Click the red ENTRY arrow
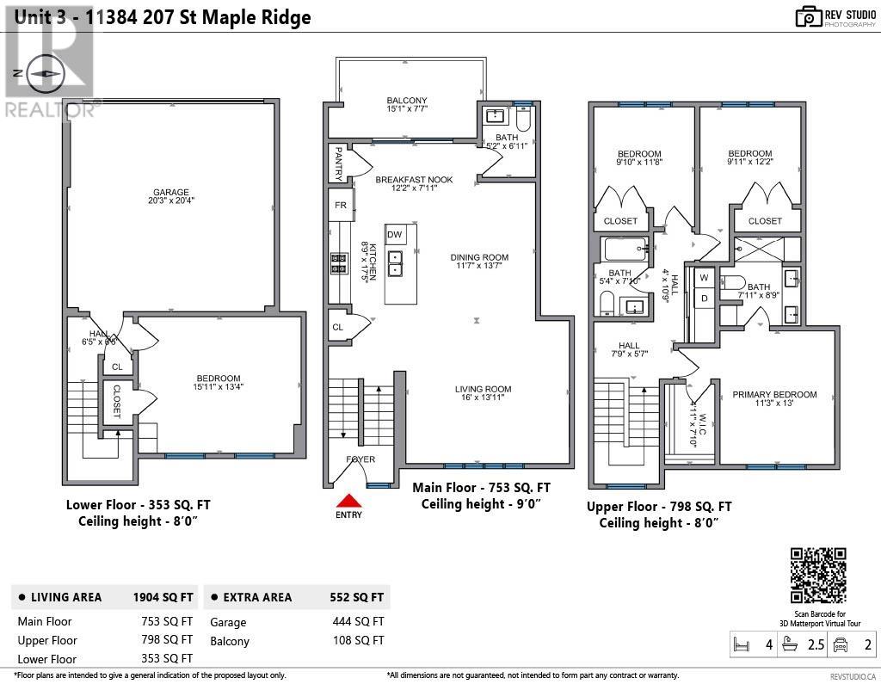348,502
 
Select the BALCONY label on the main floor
407,101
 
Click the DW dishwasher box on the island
395,235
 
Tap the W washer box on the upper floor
703,278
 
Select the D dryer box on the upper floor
703,298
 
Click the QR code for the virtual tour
818,576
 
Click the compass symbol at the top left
41,75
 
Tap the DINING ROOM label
479,257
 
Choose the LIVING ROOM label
484,389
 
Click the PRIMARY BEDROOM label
774,395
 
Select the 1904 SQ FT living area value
163,597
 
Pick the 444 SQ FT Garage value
358,622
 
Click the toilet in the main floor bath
522,118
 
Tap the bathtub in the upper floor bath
626,250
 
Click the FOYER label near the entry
360,459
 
